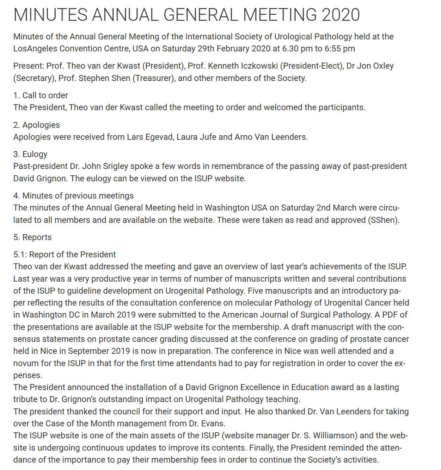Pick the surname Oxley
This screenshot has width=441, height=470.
[x=382, y=66]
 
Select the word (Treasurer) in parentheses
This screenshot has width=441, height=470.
[x=154, y=78]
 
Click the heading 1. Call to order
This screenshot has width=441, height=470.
[x=41, y=95]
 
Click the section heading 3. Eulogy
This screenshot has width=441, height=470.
[x=30, y=154]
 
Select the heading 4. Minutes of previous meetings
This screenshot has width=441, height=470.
[x=73, y=196]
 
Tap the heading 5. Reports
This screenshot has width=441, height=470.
[x=32, y=237]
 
